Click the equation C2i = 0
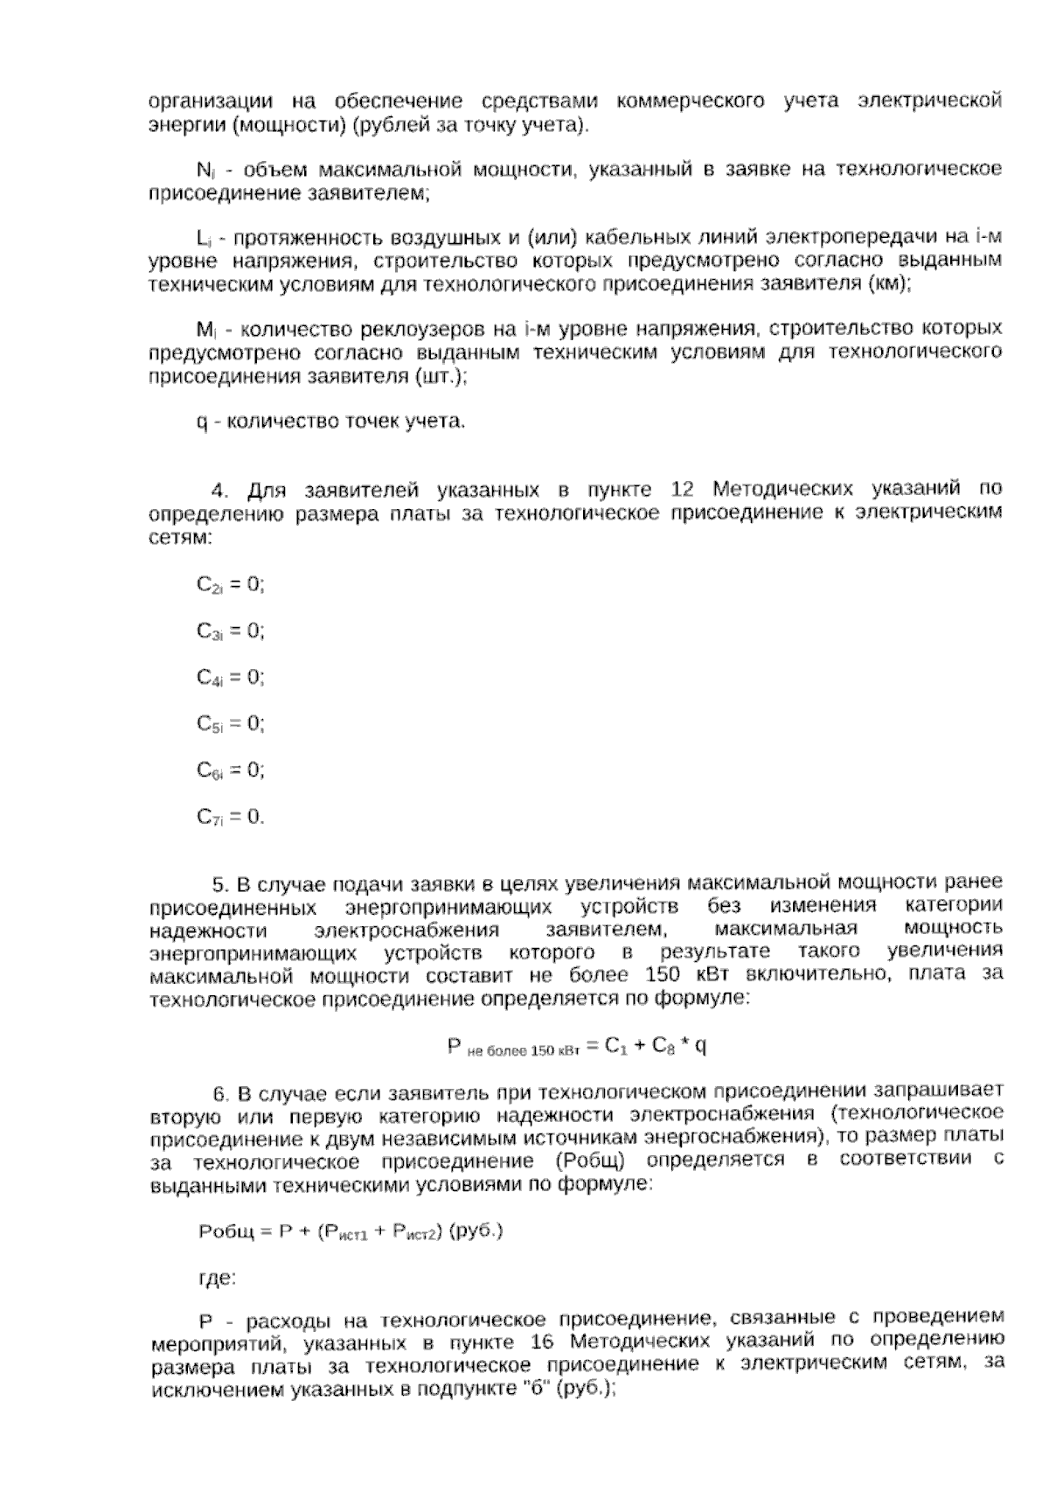pos(230,584)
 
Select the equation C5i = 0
pos(230,724)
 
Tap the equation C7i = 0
pos(230,818)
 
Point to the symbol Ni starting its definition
pos(205,170)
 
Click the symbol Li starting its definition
pos(205,238)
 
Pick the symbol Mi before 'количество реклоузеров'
pos(206,331)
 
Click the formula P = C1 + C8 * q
pos(577,1045)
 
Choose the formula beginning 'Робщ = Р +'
pos(351,1231)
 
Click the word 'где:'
pos(217,1279)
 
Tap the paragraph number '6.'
pos(221,1093)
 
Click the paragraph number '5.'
pos(221,882)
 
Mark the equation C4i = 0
pos(230,678)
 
